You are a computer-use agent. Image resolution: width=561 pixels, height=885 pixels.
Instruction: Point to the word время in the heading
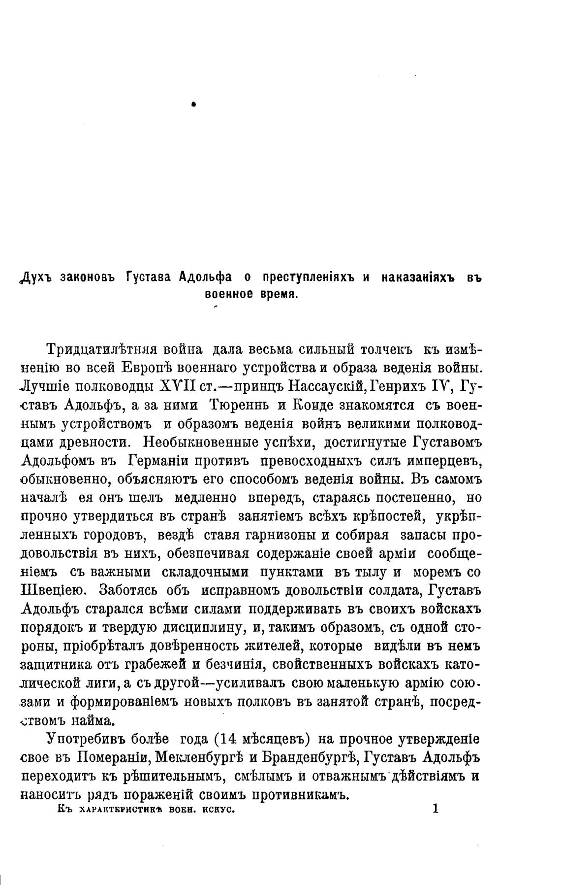point(279,294)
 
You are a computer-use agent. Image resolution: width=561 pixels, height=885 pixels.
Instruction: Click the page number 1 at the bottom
point(435,809)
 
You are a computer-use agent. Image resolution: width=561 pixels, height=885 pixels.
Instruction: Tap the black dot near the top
point(194,104)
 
